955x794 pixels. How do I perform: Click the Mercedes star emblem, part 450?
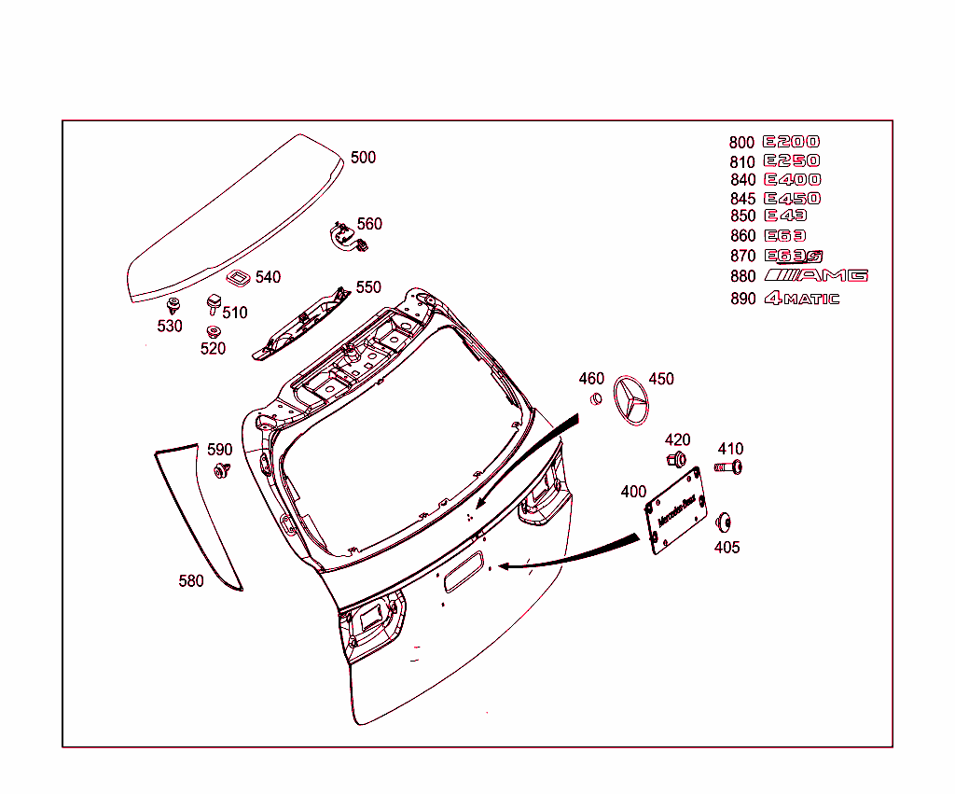tap(635, 402)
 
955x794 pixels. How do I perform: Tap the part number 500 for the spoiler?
tap(363, 158)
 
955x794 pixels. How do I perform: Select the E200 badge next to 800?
tap(791, 142)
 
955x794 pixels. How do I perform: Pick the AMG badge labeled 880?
tap(816, 275)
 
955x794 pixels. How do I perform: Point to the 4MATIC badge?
tap(801, 299)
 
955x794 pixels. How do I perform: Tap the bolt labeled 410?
tap(729, 467)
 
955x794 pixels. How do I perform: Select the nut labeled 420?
tap(676, 459)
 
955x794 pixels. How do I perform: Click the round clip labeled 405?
tap(725, 522)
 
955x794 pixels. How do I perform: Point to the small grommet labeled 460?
tap(593, 399)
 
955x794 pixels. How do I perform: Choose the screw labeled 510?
tap(214, 303)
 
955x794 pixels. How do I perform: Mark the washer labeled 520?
tap(213, 331)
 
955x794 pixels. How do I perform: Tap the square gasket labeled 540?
tap(238, 278)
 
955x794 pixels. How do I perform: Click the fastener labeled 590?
tap(221, 470)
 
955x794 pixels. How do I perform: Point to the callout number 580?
tap(191, 581)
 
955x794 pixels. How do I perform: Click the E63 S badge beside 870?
tap(794, 256)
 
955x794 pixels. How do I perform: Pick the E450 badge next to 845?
tap(792, 198)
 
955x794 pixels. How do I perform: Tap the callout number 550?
tap(368, 287)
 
